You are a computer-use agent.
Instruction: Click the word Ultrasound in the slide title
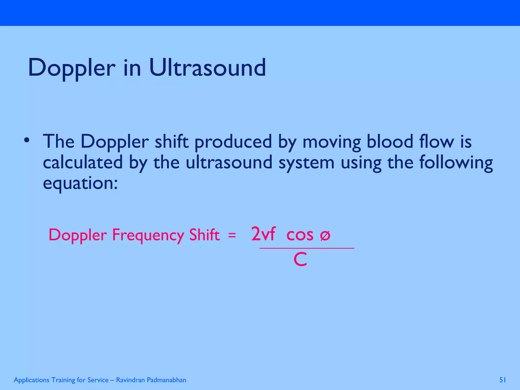207,68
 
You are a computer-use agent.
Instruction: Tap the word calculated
83,162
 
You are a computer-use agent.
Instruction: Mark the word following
456,162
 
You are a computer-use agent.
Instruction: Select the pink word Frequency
148,235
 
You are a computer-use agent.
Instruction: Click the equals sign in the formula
232,235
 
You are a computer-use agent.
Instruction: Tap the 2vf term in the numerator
263,234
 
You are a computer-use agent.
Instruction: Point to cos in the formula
300,235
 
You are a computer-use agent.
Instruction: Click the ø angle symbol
325,235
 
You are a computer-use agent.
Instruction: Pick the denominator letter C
300,260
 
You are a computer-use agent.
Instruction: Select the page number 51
502,380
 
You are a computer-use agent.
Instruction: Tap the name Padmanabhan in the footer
166,380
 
